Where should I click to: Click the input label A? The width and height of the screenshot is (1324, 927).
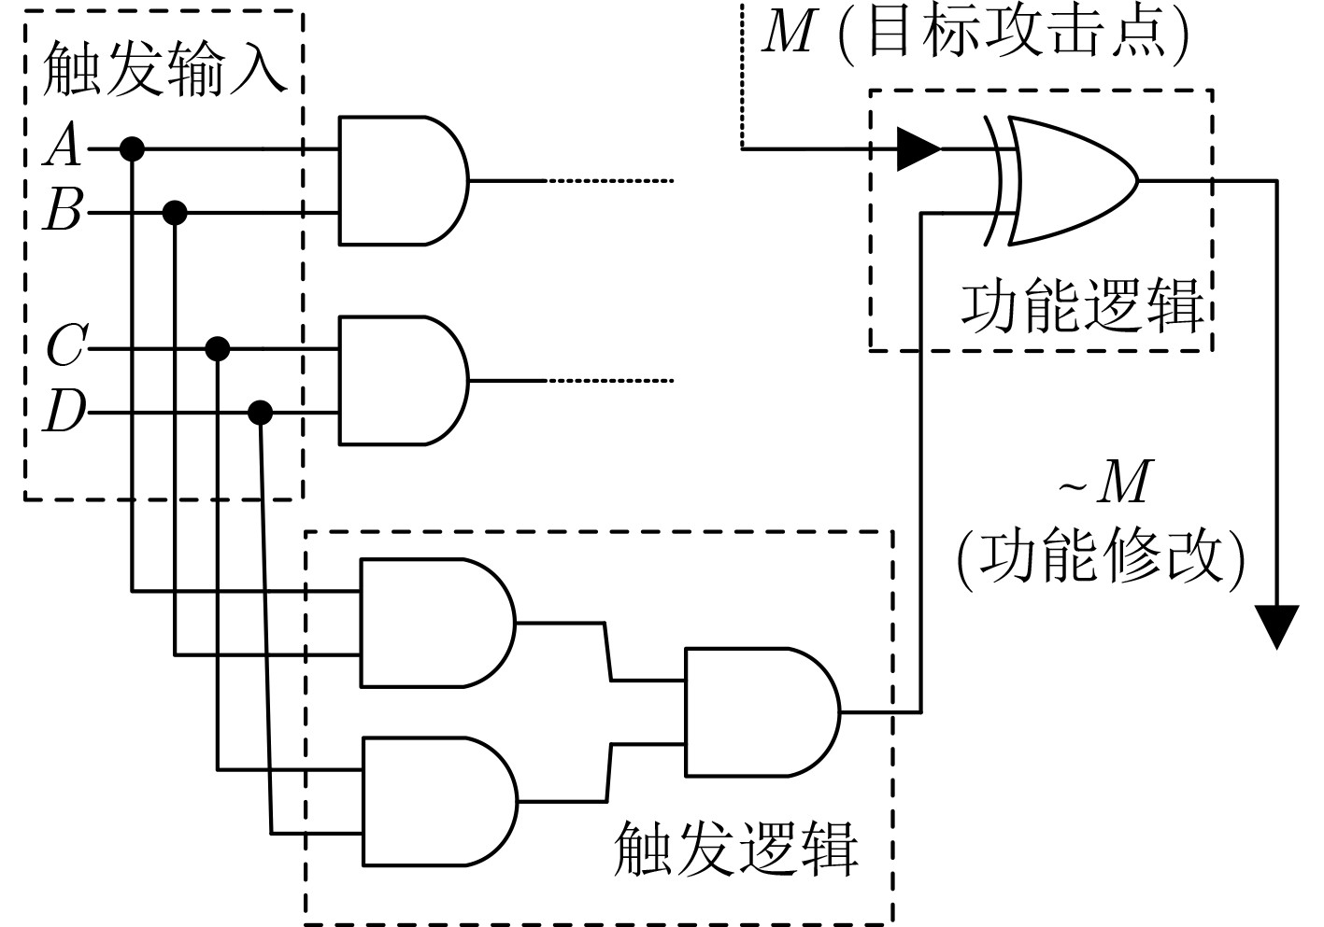(x=64, y=147)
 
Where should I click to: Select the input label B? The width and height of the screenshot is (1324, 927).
(x=64, y=212)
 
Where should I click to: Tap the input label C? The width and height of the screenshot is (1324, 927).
(x=65, y=346)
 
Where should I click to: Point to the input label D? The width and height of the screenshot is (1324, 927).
(x=64, y=412)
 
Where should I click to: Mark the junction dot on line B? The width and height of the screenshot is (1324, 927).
(x=175, y=213)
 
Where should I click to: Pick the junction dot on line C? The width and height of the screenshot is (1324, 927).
(x=218, y=349)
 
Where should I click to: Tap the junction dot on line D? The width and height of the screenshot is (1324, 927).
(x=260, y=412)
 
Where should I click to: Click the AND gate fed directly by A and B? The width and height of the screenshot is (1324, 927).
(x=402, y=180)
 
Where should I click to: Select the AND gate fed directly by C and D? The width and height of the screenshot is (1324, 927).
(x=402, y=381)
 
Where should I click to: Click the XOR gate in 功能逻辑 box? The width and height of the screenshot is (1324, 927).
(x=1070, y=180)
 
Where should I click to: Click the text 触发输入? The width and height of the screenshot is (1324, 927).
(x=164, y=69)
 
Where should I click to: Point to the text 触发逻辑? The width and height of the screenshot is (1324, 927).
(x=735, y=849)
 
